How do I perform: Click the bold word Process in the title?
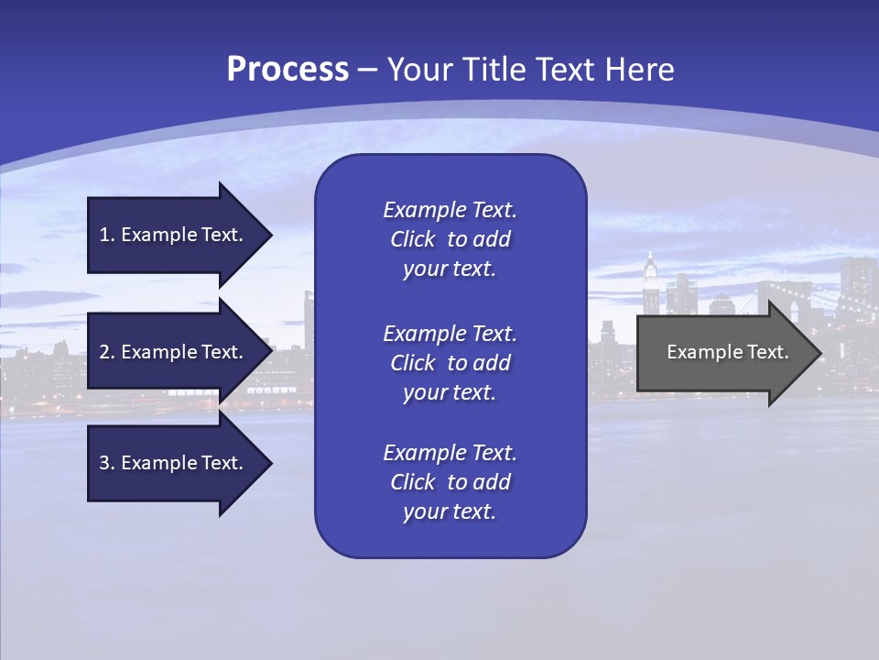tap(288, 69)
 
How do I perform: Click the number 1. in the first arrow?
tap(107, 235)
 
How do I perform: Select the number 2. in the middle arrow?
tap(107, 352)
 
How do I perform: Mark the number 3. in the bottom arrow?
tap(107, 463)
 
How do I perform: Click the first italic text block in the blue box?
tap(450, 239)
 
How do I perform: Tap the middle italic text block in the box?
tap(450, 362)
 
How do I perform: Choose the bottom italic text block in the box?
tap(450, 482)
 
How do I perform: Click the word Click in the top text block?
tap(412, 239)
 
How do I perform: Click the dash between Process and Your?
tap(367, 70)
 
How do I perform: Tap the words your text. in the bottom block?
tap(450, 511)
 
